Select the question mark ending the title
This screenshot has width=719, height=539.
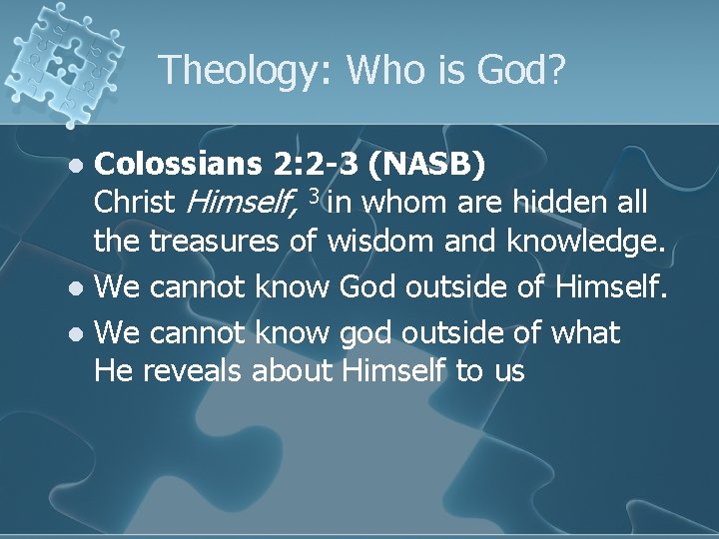[556, 70]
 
